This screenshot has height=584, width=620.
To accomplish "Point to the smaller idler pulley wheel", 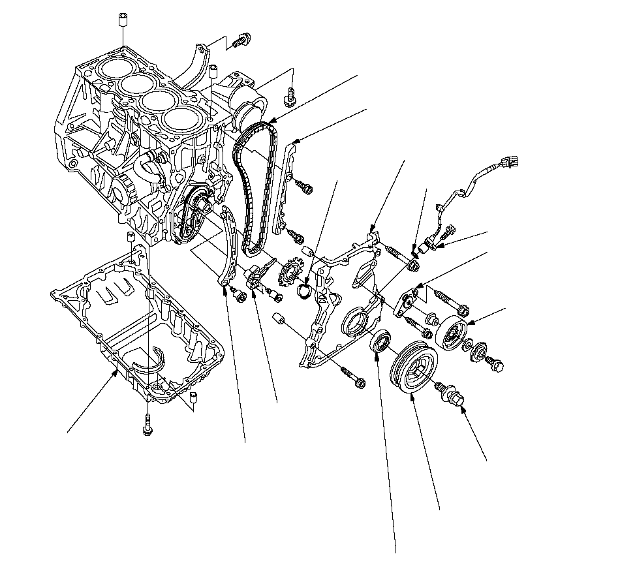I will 451,334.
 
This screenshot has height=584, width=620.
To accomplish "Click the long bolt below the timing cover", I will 353,377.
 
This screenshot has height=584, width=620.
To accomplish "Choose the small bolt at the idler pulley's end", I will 496,367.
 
